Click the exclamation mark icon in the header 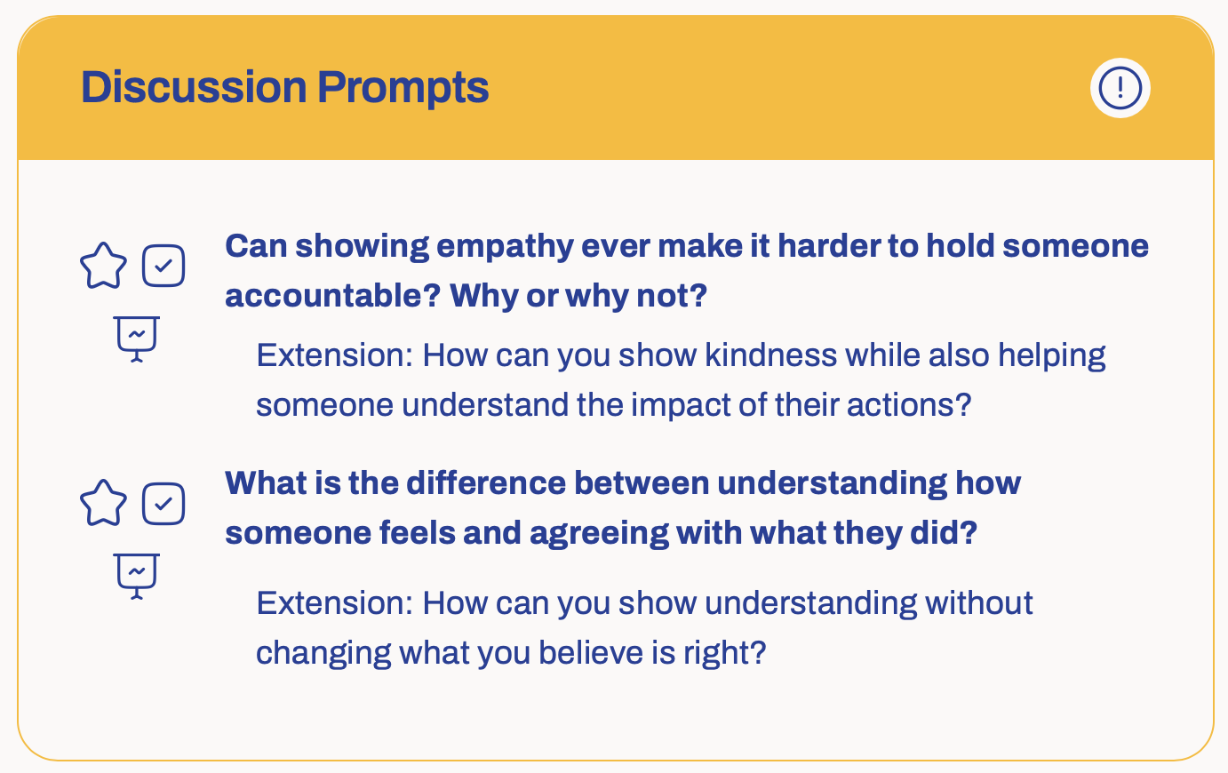pyautogui.click(x=1120, y=88)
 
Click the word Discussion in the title pyautogui.click(x=194, y=87)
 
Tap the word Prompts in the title pyautogui.click(x=403, y=88)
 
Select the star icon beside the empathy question pyautogui.click(x=104, y=266)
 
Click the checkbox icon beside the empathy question pyautogui.click(x=163, y=266)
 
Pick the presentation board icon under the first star pyautogui.click(x=137, y=339)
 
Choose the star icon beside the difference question pyautogui.click(x=104, y=503)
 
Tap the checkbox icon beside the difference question pyautogui.click(x=163, y=504)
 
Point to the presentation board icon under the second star pyautogui.click(x=137, y=577)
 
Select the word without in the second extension pyautogui.click(x=979, y=603)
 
